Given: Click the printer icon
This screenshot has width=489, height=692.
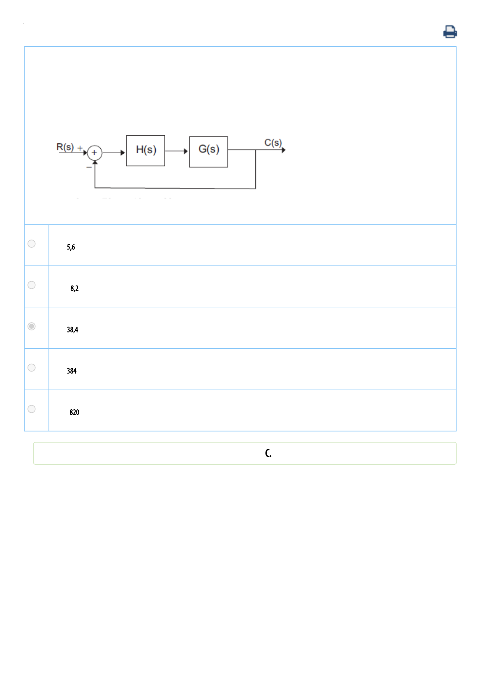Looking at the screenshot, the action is (x=450, y=32).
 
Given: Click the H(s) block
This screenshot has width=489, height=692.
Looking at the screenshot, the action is (x=145, y=150).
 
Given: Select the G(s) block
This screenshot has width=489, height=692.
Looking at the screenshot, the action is (x=208, y=152).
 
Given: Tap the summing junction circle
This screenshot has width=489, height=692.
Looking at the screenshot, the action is (x=95, y=153).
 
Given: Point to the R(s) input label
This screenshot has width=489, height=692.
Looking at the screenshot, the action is (x=65, y=147).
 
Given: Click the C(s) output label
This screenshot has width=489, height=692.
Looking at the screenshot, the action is (x=273, y=142).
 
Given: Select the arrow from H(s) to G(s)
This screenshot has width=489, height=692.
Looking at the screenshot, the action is (x=177, y=151).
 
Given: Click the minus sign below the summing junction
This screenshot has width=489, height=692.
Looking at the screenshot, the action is (x=89, y=167).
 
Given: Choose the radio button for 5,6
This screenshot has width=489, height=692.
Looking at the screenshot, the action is (x=32, y=244).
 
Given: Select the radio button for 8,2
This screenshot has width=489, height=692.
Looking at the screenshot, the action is (x=32, y=285).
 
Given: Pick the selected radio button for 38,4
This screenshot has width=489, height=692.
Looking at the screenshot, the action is (x=32, y=326).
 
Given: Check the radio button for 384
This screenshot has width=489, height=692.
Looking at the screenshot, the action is (x=32, y=367).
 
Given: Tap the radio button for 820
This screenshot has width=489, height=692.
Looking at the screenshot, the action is (x=32, y=409).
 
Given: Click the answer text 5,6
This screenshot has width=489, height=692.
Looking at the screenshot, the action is (x=71, y=247).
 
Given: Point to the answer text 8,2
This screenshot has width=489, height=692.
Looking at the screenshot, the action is (x=74, y=288).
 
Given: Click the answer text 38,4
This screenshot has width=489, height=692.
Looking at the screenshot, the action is (x=72, y=330).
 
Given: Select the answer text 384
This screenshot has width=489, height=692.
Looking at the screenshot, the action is (x=72, y=371).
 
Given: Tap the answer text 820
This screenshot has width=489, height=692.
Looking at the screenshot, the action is (x=74, y=412).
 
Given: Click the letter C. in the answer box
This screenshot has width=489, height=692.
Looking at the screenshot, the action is (x=268, y=453).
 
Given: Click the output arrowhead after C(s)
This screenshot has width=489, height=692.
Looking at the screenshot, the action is (x=284, y=150).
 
